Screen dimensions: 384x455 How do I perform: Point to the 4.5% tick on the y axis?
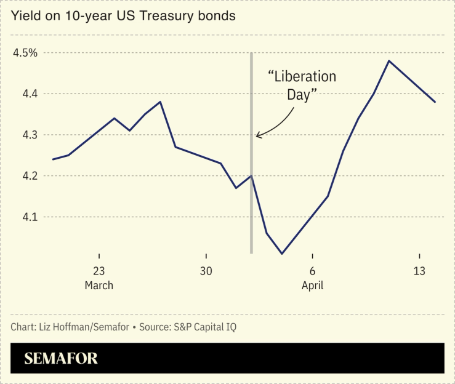click(25, 53)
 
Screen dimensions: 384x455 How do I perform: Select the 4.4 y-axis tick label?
click(26, 94)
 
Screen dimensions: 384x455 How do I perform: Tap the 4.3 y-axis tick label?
click(26, 135)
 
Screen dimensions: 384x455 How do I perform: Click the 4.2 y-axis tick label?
click(26, 176)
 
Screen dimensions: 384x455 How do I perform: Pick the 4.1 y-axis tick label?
click(26, 217)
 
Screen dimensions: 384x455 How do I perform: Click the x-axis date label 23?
click(99, 271)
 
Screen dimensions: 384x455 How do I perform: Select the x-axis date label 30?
click(206, 271)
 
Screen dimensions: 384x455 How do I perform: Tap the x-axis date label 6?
click(313, 271)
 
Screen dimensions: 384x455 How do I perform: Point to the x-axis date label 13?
click(419, 271)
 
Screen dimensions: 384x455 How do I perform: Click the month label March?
click(99, 286)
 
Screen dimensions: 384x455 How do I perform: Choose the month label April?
click(313, 286)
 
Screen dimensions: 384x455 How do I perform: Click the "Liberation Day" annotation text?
click(302, 86)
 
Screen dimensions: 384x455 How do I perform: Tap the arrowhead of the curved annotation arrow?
click(258, 135)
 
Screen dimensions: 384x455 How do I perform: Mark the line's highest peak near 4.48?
click(389, 61)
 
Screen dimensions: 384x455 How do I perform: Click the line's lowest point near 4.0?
click(282, 254)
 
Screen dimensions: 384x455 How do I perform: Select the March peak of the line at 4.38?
click(160, 102)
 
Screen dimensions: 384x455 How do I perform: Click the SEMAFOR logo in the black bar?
click(61, 359)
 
